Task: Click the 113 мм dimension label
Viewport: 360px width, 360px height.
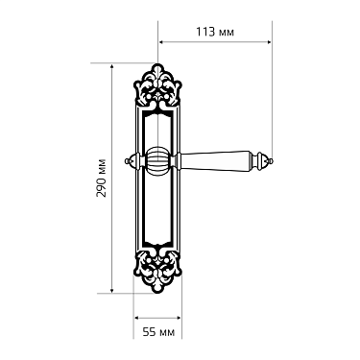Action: [214, 32]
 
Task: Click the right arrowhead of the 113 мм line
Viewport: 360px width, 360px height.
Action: [268, 41]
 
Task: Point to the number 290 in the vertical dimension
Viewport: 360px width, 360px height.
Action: [102, 169]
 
